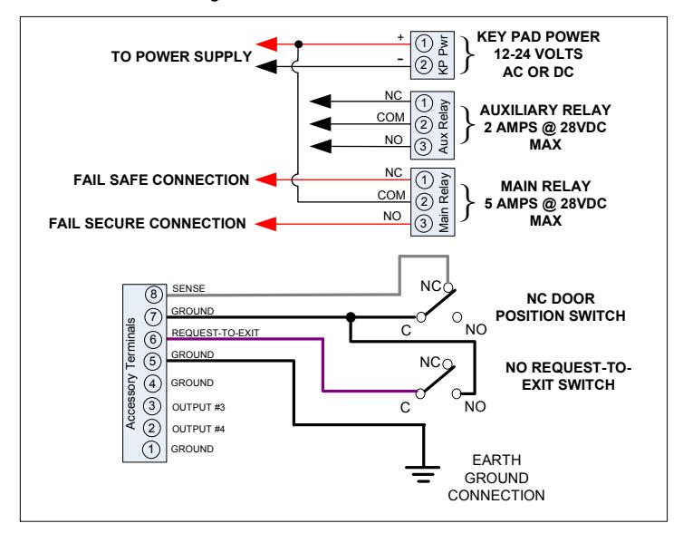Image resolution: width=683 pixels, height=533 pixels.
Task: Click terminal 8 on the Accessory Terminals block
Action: (x=153, y=295)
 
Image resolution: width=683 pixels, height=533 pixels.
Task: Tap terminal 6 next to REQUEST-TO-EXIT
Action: (x=153, y=339)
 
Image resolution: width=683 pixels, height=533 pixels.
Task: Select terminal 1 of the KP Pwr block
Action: (x=423, y=44)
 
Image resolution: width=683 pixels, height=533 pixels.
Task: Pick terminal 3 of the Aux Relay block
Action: (x=423, y=147)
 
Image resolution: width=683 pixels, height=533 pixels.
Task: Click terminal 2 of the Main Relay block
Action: (x=423, y=202)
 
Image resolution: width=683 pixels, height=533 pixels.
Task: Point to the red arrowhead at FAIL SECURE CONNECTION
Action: (x=265, y=224)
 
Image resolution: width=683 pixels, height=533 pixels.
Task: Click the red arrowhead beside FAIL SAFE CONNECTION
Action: (x=265, y=179)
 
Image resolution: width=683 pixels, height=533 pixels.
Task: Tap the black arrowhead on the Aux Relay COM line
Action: (x=321, y=124)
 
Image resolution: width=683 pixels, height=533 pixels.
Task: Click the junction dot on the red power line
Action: (x=298, y=44)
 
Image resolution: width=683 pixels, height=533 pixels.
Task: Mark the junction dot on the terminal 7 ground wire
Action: (x=351, y=317)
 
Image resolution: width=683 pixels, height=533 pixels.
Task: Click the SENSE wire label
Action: (x=188, y=288)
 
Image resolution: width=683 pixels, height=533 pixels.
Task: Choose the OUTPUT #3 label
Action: (x=198, y=408)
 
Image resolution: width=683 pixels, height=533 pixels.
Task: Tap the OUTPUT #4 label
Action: (x=198, y=430)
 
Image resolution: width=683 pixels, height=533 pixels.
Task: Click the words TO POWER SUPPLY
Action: (x=181, y=57)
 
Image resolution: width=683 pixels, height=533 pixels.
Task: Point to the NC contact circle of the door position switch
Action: (x=448, y=287)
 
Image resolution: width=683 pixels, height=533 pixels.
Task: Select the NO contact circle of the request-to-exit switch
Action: (x=457, y=394)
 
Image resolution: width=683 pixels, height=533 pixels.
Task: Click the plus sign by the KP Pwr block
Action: (x=400, y=37)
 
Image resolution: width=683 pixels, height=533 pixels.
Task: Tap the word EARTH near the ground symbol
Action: (x=496, y=460)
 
